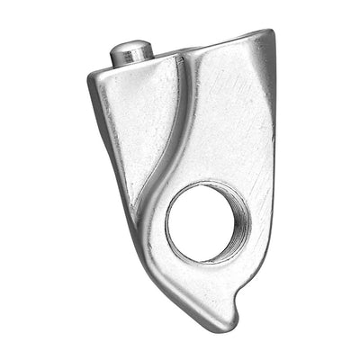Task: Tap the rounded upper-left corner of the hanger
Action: (x=95, y=76)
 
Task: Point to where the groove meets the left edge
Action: (x=134, y=203)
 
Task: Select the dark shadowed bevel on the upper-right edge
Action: (x=268, y=90)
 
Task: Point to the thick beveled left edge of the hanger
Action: (x=106, y=135)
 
